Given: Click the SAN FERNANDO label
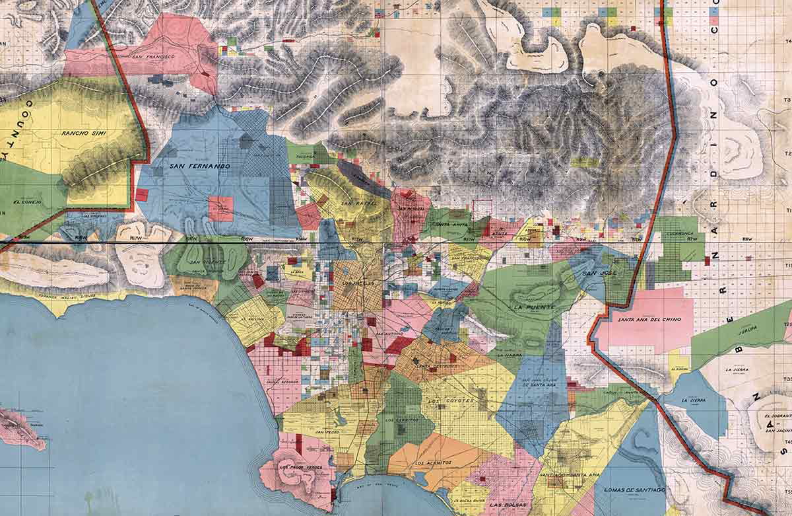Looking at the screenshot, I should [199, 166].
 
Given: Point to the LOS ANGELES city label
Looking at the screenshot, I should [356, 285].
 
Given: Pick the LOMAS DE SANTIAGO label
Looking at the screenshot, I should [630, 490].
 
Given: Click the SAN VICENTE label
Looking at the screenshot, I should [204, 262].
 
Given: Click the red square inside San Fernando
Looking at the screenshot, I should [220, 208].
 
